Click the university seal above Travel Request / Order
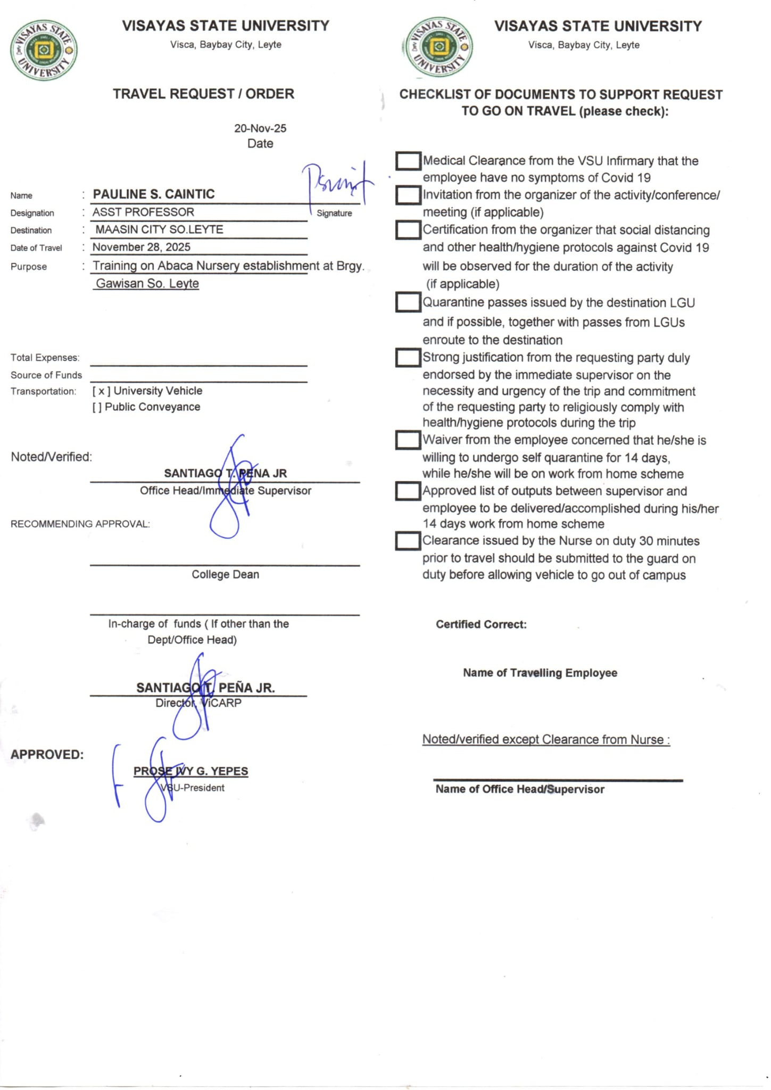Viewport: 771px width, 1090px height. point(44,51)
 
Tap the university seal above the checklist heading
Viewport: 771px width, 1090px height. point(438,47)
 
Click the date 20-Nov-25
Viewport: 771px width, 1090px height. point(260,128)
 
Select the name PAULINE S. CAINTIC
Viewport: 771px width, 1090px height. point(154,194)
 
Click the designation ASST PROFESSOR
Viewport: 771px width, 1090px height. point(143,212)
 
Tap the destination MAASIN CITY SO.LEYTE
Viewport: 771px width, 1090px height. point(159,229)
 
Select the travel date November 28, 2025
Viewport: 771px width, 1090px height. point(141,247)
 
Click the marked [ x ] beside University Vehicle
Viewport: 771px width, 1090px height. point(101,391)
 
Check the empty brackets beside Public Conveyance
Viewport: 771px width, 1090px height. point(96,407)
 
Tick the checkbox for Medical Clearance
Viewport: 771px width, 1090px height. point(408,161)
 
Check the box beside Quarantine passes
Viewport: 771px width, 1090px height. point(408,302)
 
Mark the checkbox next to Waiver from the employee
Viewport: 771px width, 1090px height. point(408,440)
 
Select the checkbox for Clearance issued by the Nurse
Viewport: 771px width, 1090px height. point(408,541)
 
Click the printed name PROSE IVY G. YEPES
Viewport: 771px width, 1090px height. point(190,771)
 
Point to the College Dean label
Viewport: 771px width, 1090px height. point(225,574)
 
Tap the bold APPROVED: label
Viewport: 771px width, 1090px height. point(47,754)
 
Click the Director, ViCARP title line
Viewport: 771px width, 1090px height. point(198,703)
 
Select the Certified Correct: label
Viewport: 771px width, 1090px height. point(481,624)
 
